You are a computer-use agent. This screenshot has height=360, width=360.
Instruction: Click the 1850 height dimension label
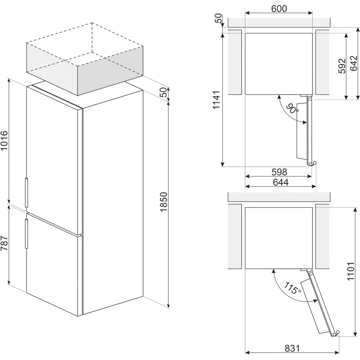click(x=164, y=202)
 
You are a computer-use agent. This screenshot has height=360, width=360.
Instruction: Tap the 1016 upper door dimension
click(x=4, y=140)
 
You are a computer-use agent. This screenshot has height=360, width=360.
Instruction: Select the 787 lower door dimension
click(x=4, y=243)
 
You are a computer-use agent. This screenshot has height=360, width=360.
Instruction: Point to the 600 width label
click(x=279, y=9)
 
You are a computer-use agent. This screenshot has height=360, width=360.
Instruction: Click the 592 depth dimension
click(x=342, y=66)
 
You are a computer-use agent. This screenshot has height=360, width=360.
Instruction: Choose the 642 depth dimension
click(x=354, y=63)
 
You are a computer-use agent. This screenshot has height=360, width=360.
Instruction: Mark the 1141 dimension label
click(x=216, y=100)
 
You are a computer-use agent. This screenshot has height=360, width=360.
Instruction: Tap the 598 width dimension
click(x=279, y=172)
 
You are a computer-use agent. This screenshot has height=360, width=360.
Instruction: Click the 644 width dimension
click(x=280, y=182)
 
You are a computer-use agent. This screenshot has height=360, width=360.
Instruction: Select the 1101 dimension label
click(x=351, y=271)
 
